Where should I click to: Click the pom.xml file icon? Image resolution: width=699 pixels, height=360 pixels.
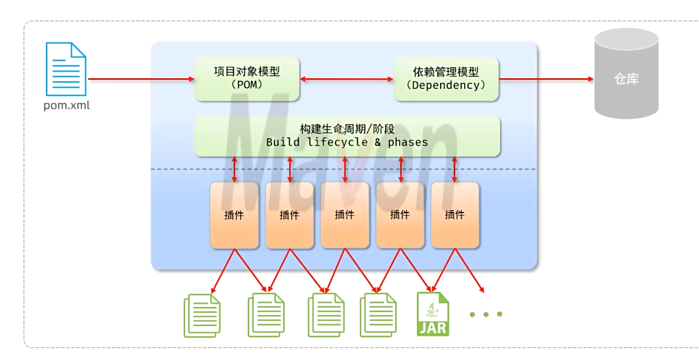(66, 69)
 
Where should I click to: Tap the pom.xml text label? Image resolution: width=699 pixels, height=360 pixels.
(66, 106)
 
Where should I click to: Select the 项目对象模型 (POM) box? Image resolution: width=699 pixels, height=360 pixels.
(247, 79)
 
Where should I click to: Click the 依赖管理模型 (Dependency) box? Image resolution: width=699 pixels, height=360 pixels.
(446, 79)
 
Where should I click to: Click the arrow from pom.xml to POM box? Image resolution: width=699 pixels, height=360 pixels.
(141, 79)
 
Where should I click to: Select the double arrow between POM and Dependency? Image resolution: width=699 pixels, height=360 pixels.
(346, 79)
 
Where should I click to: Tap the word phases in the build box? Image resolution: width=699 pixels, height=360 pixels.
(408, 142)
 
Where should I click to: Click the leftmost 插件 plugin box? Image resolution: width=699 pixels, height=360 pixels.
(234, 215)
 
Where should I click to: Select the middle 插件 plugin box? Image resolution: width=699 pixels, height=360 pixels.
(345, 215)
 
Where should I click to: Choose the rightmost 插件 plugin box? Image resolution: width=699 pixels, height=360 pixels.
(455, 215)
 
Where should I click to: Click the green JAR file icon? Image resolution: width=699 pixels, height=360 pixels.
(433, 314)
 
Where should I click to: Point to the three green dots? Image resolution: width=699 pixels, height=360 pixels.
(486, 314)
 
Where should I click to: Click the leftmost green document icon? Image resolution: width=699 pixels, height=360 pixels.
(202, 316)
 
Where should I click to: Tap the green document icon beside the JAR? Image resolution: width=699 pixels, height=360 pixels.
(378, 316)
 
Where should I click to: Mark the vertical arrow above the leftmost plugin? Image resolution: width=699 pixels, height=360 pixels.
(234, 169)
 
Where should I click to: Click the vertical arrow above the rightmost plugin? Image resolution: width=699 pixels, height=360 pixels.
(455, 169)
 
